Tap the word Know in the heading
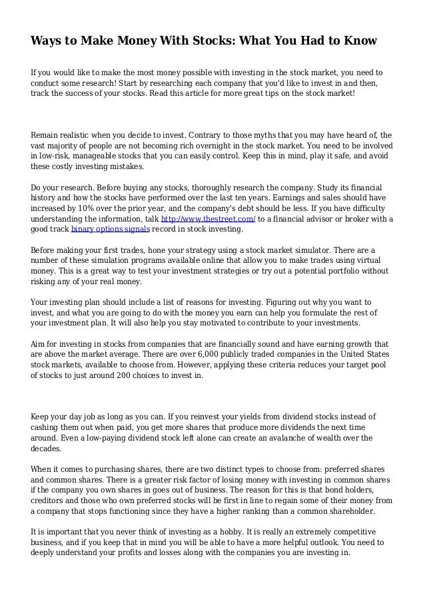360,41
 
